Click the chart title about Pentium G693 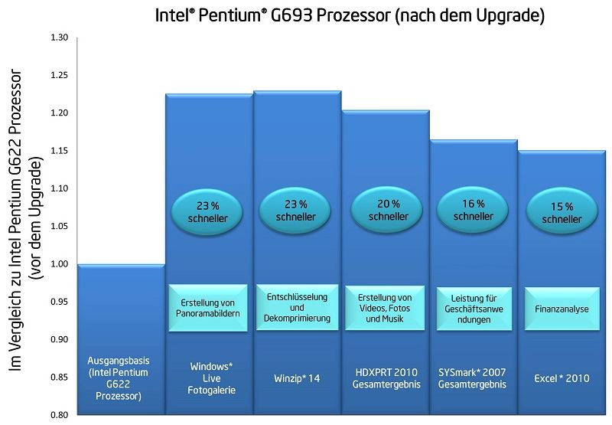click(x=350, y=16)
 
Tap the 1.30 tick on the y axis click(x=59, y=38)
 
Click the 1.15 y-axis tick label click(x=59, y=151)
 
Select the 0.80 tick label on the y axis click(x=59, y=415)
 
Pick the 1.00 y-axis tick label click(x=59, y=264)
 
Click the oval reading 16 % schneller click(x=474, y=210)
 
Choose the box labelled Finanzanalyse click(x=562, y=309)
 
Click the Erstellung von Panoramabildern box click(x=208, y=308)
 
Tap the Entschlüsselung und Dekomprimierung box click(x=298, y=306)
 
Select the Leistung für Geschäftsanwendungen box click(x=474, y=308)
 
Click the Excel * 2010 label click(x=562, y=378)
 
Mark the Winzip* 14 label click(x=298, y=378)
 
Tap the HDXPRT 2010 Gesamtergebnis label click(x=386, y=378)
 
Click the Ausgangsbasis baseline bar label click(x=120, y=378)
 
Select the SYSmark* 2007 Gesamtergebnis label click(x=473, y=378)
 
